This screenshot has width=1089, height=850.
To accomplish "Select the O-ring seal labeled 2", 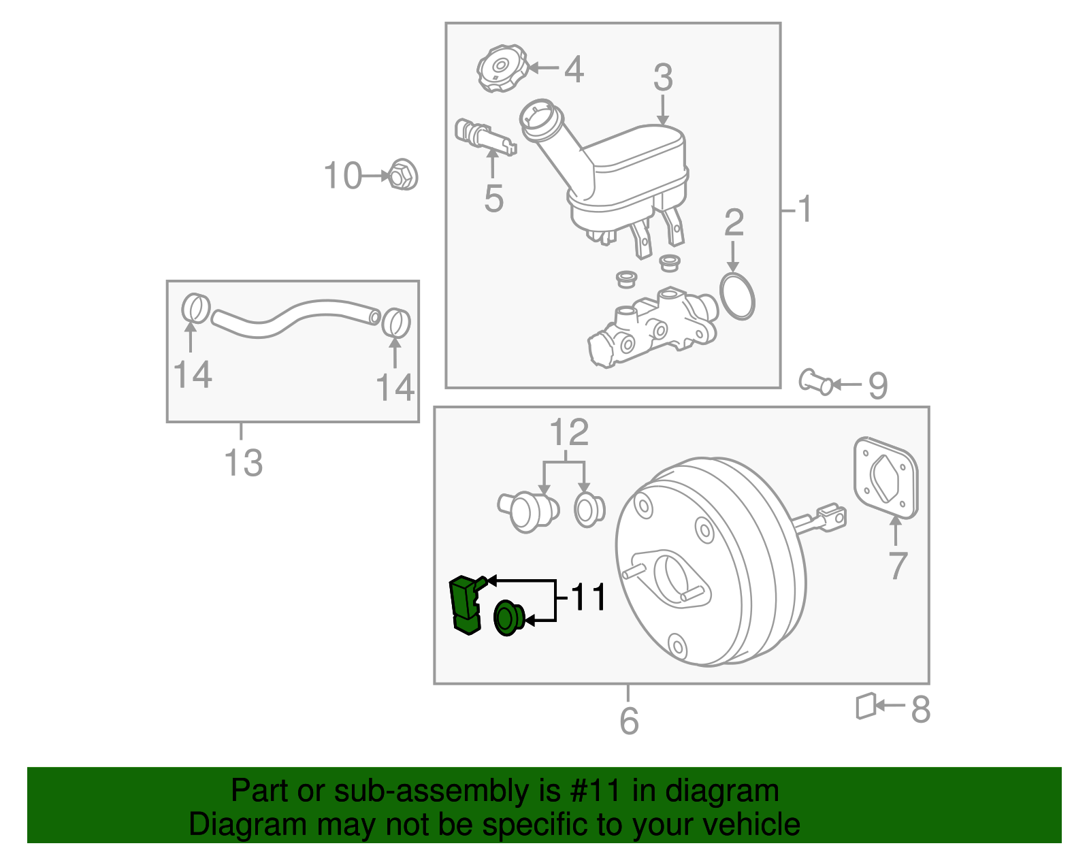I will click(x=737, y=297).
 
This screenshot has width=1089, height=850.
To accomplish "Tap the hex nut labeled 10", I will click(x=403, y=176).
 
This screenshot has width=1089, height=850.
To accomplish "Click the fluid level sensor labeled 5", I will click(x=484, y=137).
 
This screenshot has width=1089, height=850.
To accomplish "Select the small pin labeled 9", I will click(x=815, y=382).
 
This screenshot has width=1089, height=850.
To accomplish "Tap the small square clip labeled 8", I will click(x=865, y=706).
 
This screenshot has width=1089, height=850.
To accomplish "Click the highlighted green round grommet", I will click(x=507, y=618).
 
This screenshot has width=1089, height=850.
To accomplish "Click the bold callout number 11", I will click(x=588, y=598).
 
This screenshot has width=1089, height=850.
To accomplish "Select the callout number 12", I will click(x=569, y=433).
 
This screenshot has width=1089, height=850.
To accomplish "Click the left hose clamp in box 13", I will click(x=195, y=308).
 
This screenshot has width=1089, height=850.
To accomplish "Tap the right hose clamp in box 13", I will click(x=395, y=323).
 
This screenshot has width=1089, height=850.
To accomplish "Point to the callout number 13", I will click(x=243, y=463).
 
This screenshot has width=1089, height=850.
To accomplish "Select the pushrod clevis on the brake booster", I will click(x=831, y=517).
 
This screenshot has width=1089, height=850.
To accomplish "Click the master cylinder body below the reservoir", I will click(x=653, y=327).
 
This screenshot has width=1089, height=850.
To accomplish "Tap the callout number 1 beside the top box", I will click(x=804, y=210).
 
